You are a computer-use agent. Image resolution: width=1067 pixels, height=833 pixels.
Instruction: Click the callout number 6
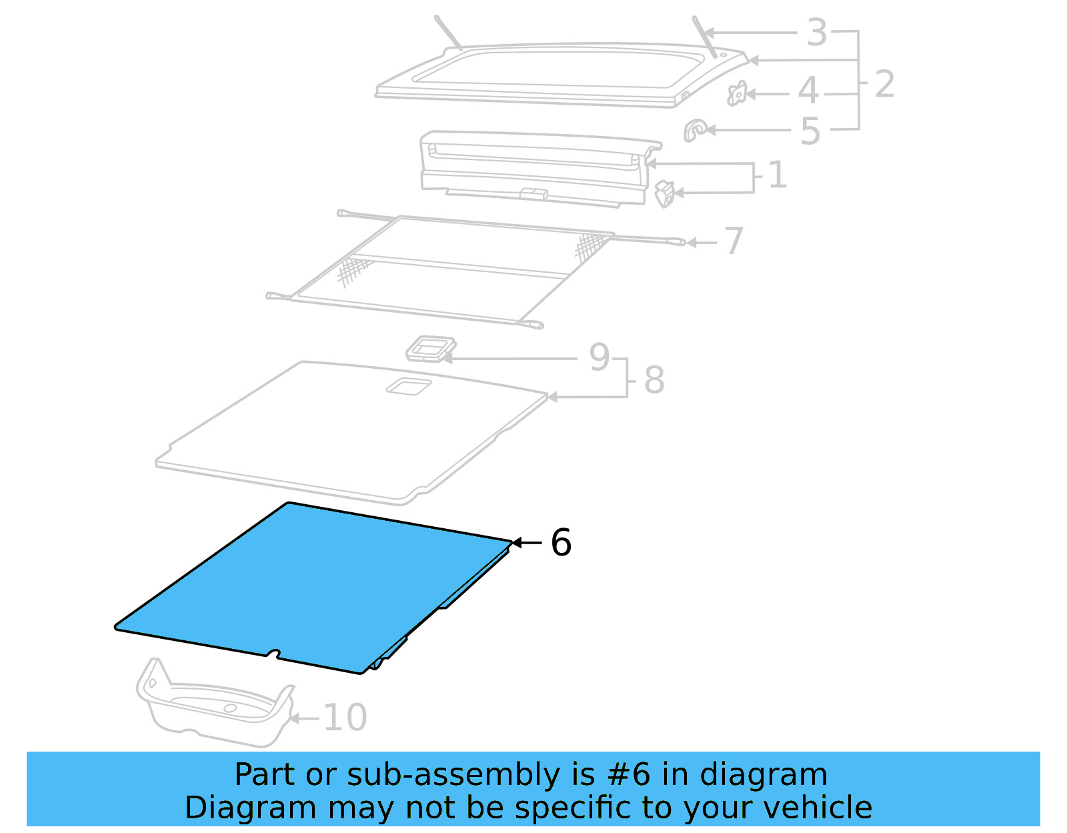click(561, 543)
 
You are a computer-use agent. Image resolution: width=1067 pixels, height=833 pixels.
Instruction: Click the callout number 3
click(817, 33)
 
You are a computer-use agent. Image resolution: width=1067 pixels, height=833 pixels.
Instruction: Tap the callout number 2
click(884, 85)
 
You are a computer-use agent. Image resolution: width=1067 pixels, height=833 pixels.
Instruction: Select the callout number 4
click(808, 91)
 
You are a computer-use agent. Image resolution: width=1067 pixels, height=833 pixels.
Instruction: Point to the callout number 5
click(810, 132)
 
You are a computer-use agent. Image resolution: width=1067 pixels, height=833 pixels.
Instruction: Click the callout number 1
click(778, 175)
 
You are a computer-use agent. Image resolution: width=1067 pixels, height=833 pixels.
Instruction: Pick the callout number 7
click(734, 241)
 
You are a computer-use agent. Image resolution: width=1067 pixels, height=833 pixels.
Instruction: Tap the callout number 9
click(600, 357)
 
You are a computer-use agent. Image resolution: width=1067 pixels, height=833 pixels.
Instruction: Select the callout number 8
click(654, 380)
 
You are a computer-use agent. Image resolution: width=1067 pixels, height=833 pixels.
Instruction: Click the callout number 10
click(345, 718)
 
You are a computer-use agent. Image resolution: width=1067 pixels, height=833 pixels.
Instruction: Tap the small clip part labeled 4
click(737, 94)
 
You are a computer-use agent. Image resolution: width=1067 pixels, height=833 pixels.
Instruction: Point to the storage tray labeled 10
click(213, 707)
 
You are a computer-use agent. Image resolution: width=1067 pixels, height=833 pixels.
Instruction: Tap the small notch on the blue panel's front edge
click(273, 653)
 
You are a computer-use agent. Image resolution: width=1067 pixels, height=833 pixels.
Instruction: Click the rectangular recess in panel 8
click(408, 385)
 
